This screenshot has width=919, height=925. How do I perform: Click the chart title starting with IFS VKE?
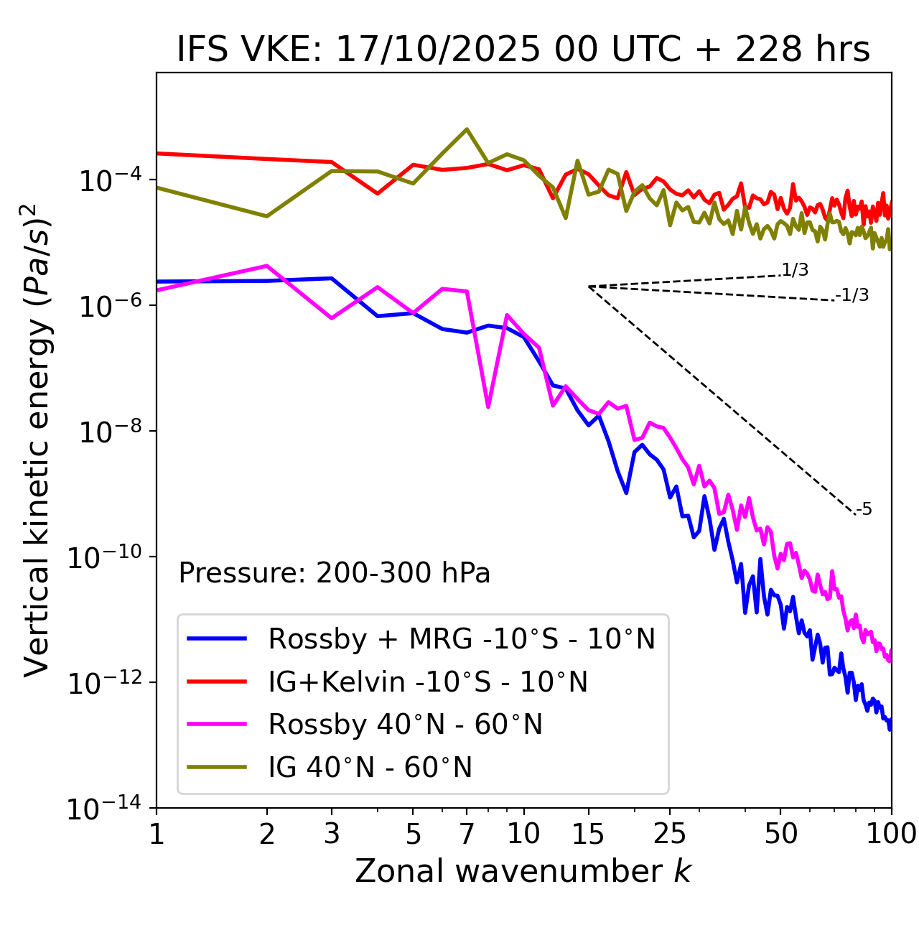(x=523, y=50)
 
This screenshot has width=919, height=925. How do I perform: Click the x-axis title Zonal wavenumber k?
(x=523, y=871)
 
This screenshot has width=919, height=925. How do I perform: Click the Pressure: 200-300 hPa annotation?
(x=335, y=573)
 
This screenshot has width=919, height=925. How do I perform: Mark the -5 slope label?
(x=864, y=510)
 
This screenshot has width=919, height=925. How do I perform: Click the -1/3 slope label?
(x=852, y=295)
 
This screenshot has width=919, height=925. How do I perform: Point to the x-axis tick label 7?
(x=467, y=834)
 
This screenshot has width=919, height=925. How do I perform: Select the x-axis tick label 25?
(x=670, y=834)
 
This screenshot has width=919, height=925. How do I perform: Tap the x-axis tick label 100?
(x=891, y=834)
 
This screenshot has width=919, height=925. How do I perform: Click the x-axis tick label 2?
(x=267, y=834)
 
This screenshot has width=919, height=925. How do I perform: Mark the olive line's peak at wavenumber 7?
(x=467, y=129)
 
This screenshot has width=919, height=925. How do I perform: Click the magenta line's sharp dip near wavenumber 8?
(x=488, y=407)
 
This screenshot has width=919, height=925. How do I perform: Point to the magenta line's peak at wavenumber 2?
(x=267, y=266)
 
